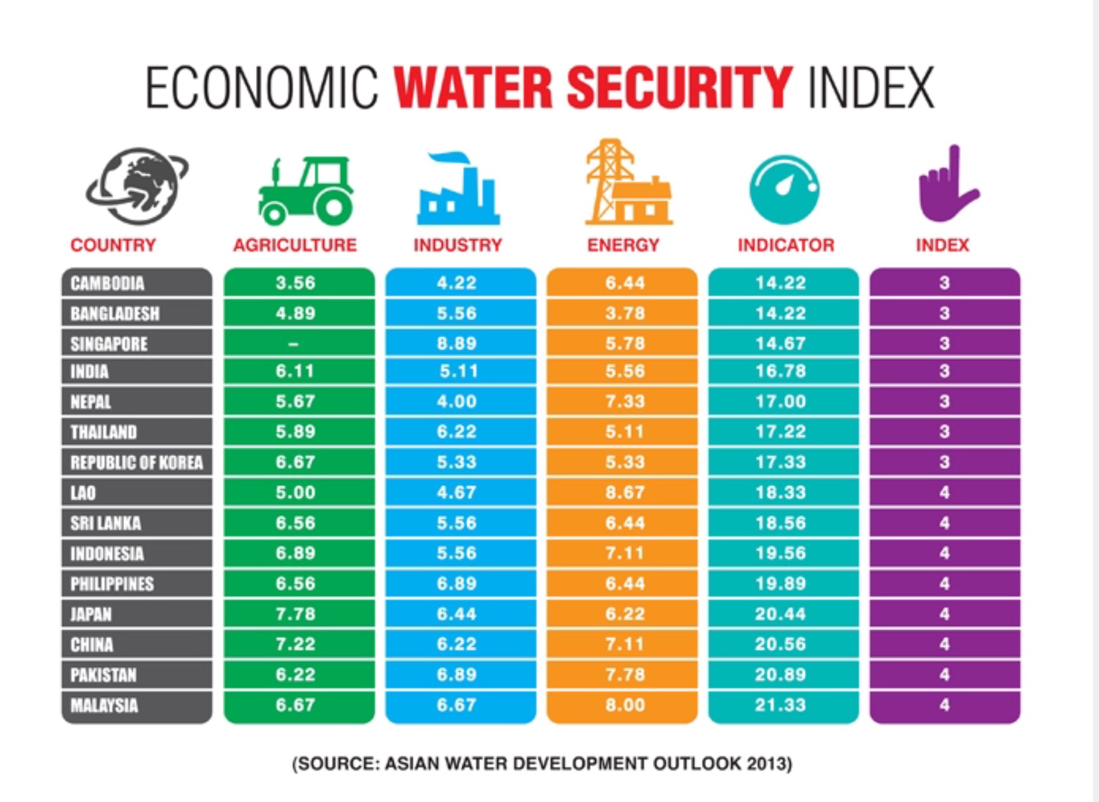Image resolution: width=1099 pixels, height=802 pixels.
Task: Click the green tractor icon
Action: click(x=305, y=191)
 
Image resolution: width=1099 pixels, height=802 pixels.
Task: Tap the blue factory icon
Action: click(x=458, y=190)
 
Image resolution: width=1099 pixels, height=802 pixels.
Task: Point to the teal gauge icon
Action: click(x=784, y=189)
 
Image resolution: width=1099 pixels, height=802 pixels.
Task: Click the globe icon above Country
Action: click(x=137, y=186)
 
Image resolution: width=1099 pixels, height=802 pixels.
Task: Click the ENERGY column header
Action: click(x=623, y=245)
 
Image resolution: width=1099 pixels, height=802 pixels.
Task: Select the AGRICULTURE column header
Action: click(x=295, y=245)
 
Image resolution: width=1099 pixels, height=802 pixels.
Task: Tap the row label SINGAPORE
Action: click(x=110, y=344)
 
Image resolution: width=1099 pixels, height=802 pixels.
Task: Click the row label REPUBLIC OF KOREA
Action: click(x=137, y=462)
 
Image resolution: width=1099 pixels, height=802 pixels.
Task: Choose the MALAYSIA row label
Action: click(x=104, y=705)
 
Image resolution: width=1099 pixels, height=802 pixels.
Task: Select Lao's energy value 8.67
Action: click(x=624, y=493)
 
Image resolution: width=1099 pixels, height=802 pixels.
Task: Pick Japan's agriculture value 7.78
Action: click(x=295, y=614)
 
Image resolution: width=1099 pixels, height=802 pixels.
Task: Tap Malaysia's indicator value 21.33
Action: click(x=780, y=705)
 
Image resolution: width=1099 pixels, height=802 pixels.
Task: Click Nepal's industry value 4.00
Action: click(x=457, y=402)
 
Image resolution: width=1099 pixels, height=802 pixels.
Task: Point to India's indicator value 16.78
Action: click(x=780, y=371)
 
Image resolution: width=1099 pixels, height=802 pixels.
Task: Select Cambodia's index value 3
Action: click(x=944, y=283)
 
